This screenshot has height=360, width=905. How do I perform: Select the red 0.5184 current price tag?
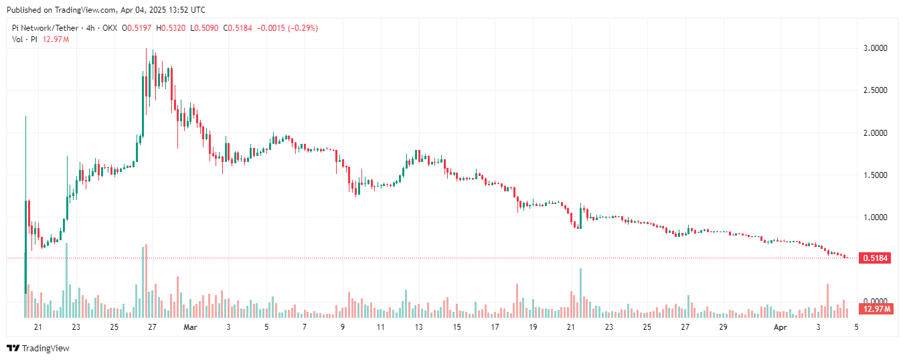click(x=876, y=258)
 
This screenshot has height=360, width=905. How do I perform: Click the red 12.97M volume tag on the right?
click(x=877, y=309)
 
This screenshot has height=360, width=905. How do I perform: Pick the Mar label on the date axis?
click(x=191, y=327)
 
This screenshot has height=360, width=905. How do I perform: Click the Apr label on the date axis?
click(x=780, y=327)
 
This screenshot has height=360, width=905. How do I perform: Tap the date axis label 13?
click(x=418, y=327)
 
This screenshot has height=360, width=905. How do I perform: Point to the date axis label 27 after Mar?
click(x=685, y=327)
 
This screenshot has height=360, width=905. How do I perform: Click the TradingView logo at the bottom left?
click(x=37, y=348)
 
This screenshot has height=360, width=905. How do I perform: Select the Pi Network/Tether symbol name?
click(x=44, y=28)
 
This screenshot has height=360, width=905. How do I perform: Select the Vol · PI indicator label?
click(x=24, y=39)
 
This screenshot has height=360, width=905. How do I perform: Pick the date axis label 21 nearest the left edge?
click(x=37, y=327)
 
